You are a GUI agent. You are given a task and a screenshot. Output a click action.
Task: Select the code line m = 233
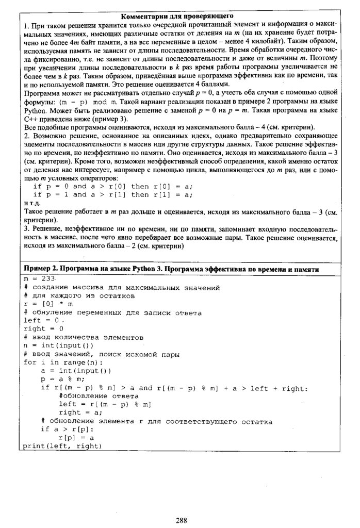[39, 278]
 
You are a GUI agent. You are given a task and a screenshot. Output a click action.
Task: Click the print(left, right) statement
[62, 445]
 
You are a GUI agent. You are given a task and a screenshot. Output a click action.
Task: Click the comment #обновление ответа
[99, 395]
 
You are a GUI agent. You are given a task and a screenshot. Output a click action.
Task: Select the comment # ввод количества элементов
[83, 337]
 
